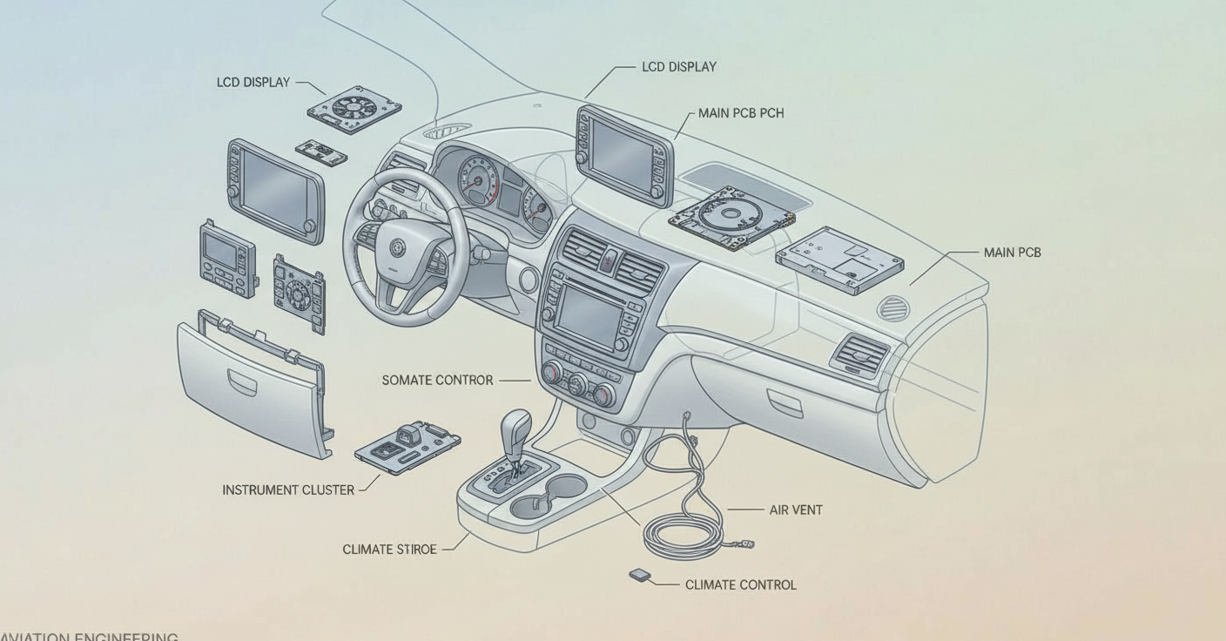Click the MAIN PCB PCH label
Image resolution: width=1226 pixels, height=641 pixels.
tap(740, 113)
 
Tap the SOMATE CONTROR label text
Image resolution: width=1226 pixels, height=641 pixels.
tap(437, 381)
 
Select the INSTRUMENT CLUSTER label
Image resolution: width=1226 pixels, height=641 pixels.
tap(288, 490)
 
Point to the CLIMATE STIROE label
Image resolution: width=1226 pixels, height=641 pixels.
tap(389, 550)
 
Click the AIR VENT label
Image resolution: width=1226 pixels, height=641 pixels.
tap(795, 510)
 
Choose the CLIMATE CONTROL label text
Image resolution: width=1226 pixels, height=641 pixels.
tap(740, 585)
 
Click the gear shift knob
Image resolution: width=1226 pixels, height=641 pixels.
tap(516, 426)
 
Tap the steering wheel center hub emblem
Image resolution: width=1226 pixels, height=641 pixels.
tap(397, 247)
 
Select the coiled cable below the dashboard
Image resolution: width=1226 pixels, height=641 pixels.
tap(684, 531)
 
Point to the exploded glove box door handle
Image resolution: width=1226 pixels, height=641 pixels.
tap(242, 381)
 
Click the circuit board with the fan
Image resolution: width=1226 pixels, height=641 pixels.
tap(354, 109)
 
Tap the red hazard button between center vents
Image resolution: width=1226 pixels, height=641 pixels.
tap(610, 258)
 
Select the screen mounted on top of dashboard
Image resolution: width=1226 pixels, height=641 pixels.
tap(623, 154)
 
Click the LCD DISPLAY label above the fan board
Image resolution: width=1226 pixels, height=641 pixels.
tap(253, 83)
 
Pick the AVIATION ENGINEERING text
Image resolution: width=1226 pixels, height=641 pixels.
tap(90, 637)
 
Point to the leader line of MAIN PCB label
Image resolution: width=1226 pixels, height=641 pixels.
tap(945, 266)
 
